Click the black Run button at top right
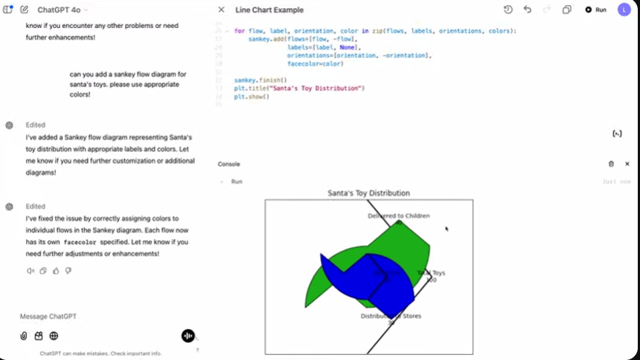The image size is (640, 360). coord(596,10)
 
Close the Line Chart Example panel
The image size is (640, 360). coord(221,10)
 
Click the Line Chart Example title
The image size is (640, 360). coord(269,10)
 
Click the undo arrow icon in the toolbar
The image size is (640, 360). coord(527,10)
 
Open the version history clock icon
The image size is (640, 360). coord(508,10)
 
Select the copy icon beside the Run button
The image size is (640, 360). coord(567,10)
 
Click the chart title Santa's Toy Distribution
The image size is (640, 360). coord(369,193)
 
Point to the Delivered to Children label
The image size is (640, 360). coord(398,215)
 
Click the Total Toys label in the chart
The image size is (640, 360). coord(431,273)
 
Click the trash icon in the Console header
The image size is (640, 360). coord(611,164)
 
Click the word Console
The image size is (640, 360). coord(229,164)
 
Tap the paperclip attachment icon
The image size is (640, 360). coord(24,336)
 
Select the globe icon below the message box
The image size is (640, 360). coord(54,336)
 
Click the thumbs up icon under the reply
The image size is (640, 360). coord(55,271)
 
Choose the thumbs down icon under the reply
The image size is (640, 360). coord(68,271)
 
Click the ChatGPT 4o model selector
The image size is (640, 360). coord(63,10)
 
